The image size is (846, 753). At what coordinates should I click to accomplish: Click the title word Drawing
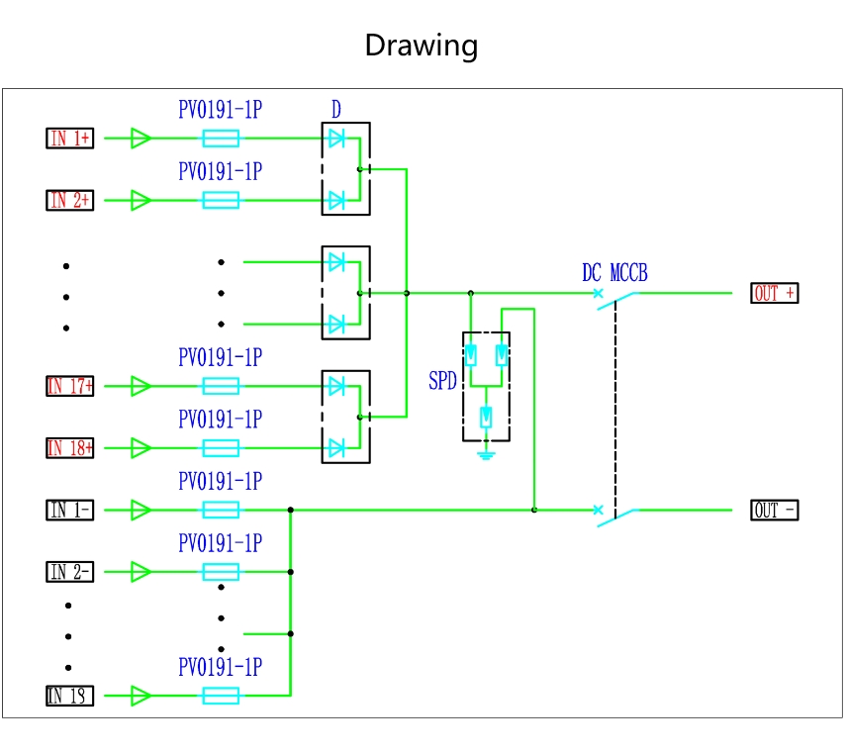422,45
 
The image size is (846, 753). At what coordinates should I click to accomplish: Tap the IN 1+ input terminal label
69,139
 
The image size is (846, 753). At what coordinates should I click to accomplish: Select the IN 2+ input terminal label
69,201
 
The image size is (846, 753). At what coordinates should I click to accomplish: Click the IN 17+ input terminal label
69,386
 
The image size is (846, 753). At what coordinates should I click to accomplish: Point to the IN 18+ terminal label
69,448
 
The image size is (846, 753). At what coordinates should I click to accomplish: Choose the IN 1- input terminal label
69,511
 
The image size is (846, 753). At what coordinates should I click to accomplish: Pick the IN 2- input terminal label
69,572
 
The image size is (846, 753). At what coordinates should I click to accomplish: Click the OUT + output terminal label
774,294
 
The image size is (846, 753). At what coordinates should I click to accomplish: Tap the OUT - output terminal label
774,511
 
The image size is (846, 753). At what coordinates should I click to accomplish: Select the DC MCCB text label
614,273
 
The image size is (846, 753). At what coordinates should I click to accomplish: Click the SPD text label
442,381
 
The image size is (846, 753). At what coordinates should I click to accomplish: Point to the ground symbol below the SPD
486,455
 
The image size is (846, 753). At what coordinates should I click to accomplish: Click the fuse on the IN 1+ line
221,139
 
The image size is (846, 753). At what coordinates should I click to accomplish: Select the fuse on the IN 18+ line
221,448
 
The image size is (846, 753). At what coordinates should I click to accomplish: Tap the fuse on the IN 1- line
221,511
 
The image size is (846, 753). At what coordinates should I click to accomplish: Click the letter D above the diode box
336,110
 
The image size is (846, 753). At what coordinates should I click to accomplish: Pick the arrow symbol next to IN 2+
141,201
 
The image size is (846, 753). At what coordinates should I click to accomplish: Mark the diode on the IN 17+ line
336,386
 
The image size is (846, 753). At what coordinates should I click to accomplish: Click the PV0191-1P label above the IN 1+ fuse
220,110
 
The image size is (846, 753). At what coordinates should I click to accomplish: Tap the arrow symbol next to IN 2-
141,572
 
